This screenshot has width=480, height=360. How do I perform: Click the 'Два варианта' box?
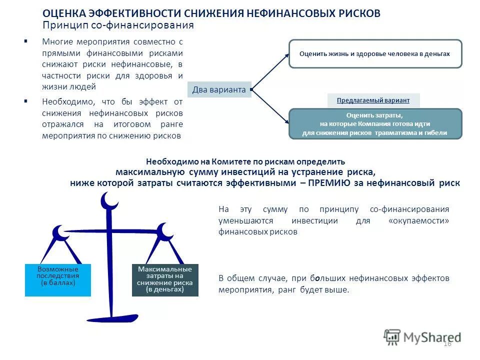219,90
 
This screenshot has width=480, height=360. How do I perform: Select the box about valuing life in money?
375,54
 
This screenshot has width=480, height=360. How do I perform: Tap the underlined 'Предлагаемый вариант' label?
373,100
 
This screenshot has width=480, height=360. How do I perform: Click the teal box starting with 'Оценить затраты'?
375,124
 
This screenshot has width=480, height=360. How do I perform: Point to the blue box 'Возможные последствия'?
58,280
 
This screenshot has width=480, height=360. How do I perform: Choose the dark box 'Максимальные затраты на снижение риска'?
165,280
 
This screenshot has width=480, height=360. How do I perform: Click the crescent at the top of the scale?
109,201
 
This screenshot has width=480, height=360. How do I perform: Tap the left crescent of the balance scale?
59,232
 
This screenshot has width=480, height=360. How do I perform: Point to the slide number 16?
447,343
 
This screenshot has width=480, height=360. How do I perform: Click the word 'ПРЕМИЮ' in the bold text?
329,183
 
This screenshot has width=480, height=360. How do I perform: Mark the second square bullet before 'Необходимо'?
25,100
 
